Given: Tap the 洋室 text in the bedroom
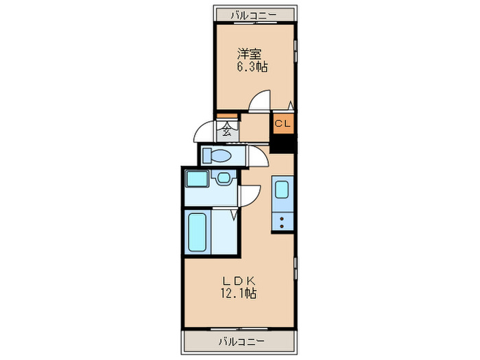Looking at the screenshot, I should pyautogui.click(x=248, y=53).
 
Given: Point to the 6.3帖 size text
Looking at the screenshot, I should pyautogui.click(x=252, y=67).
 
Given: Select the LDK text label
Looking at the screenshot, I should pyautogui.click(x=238, y=280).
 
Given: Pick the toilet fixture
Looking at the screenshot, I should pyautogui.click(x=218, y=155).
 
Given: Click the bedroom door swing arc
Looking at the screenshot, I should pyautogui.click(x=259, y=103).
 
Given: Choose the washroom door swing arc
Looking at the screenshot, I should pyautogui.click(x=250, y=195).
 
